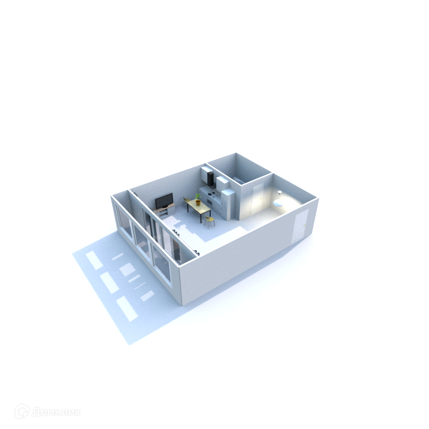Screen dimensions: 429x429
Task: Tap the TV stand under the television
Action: (x=165, y=211)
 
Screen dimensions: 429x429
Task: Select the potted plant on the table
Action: (x=198, y=199)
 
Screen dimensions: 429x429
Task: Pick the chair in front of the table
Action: (x=210, y=220)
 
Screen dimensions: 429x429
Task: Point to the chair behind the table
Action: (x=187, y=200)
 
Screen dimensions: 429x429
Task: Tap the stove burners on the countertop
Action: (x=211, y=194)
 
